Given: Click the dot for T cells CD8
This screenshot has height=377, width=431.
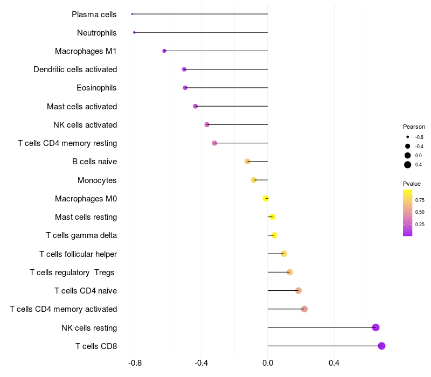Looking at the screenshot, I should [x=381, y=346].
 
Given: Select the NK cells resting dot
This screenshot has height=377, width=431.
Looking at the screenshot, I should [x=376, y=327].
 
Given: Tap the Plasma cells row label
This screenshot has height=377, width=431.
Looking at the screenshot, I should [x=94, y=15].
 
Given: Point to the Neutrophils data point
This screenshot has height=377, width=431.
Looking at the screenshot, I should [x=134, y=33].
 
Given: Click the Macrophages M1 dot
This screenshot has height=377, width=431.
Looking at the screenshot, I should [x=164, y=51].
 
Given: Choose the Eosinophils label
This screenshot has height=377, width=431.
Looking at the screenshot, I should [x=96, y=88].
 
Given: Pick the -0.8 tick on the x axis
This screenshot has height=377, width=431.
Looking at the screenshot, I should [x=135, y=363].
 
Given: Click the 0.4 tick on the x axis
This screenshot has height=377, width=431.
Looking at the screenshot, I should [x=334, y=363].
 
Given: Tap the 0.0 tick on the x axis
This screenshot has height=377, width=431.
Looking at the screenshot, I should [x=268, y=363].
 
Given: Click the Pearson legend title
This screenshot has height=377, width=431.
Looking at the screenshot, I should [x=414, y=127].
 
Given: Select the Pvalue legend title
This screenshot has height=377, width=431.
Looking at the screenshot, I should [x=412, y=184].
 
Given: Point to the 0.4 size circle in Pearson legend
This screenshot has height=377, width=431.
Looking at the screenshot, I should [x=408, y=165].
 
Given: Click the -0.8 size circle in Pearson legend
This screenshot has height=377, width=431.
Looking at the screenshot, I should [x=408, y=137].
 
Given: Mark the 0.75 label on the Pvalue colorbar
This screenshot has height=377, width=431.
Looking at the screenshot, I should [x=420, y=200].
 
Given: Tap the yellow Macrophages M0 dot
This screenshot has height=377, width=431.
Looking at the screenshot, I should [x=266, y=199].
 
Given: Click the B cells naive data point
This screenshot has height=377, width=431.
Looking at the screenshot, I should [x=247, y=162].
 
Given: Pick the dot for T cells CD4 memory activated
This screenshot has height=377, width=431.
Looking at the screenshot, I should [x=304, y=309].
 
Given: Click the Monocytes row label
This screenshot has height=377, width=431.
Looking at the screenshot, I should [x=97, y=180].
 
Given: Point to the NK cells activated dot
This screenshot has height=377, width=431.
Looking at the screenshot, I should [x=207, y=125].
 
